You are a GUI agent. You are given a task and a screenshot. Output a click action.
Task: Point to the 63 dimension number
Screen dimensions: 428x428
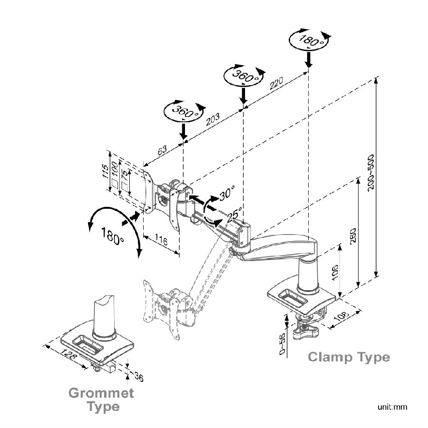[162, 150]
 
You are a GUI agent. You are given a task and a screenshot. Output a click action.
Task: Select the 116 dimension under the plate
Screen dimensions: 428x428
[161, 242]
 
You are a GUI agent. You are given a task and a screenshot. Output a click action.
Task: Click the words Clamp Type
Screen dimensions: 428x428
[349, 357]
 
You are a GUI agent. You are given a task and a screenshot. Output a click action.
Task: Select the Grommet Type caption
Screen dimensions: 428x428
[101, 399]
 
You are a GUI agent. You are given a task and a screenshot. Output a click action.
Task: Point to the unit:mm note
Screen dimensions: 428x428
[393, 407]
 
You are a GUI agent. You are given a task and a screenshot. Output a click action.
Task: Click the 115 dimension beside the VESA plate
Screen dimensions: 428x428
[107, 171]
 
